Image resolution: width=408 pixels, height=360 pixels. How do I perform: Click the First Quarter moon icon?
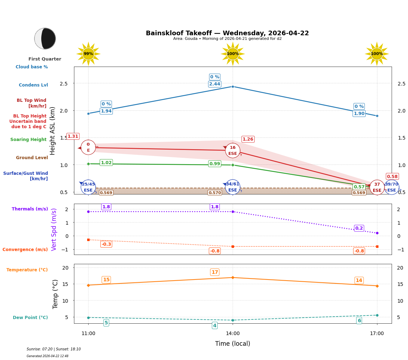(x=45, y=38)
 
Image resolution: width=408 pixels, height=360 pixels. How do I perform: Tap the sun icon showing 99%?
(x=88, y=54)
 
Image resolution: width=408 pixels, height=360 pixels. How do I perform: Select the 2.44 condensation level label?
(x=214, y=84)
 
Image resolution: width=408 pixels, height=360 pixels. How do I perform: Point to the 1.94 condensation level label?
(x=106, y=111)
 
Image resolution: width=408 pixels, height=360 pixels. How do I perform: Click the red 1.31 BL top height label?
(x=73, y=136)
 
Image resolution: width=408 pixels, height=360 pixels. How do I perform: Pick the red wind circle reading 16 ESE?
(x=233, y=151)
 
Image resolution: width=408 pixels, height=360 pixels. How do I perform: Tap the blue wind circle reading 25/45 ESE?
(x=88, y=187)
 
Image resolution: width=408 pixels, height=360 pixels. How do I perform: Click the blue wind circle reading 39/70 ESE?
(x=392, y=187)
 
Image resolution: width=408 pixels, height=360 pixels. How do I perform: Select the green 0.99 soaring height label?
(x=214, y=164)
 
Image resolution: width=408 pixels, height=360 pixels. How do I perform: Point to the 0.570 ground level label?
(x=214, y=193)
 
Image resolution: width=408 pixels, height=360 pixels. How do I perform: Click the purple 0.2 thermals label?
(x=359, y=228)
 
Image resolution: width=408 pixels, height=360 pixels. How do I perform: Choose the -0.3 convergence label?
(x=106, y=244)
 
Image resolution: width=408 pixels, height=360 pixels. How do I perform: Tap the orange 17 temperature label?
(x=214, y=272)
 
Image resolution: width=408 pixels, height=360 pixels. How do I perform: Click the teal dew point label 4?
(x=214, y=325)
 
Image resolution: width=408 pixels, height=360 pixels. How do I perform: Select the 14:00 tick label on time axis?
(x=233, y=334)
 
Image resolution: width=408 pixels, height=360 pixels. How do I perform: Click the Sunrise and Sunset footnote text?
(x=54, y=349)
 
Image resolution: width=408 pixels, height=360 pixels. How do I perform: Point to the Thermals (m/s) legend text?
(x=30, y=209)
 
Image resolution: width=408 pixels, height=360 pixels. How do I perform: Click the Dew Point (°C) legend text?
(x=30, y=318)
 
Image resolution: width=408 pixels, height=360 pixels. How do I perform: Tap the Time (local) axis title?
(x=233, y=344)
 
